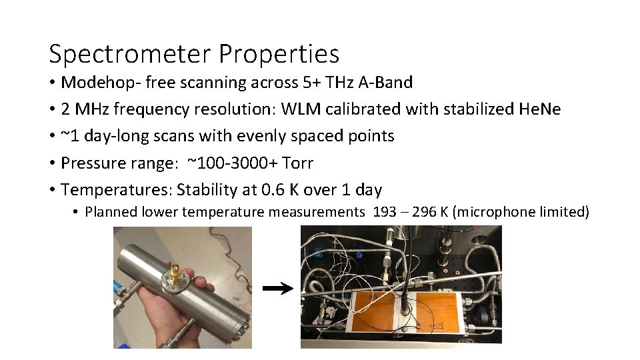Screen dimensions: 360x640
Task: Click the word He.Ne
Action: pyautogui.click(x=539, y=109)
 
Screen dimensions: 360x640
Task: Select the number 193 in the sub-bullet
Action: pyautogui.click(x=383, y=213)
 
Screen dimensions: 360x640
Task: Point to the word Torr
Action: pyautogui.click(x=299, y=163)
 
